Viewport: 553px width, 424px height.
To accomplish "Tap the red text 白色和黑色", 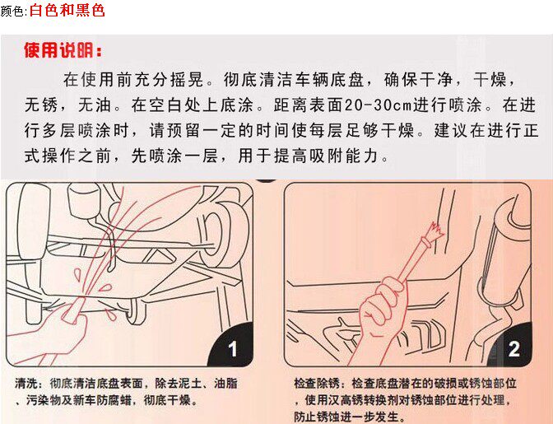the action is (67, 10).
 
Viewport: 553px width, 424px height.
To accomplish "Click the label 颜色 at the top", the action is (12, 12).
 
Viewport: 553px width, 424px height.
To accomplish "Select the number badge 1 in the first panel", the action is (232, 349).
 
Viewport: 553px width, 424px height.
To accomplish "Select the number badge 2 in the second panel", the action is (513, 349).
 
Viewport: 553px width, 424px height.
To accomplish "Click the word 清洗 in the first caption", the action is (26, 384).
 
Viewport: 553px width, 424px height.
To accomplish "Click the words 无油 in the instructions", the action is (95, 105).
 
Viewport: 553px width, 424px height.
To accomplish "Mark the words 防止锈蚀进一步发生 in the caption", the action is (346, 417).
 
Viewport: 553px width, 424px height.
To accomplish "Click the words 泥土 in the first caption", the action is (190, 384).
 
